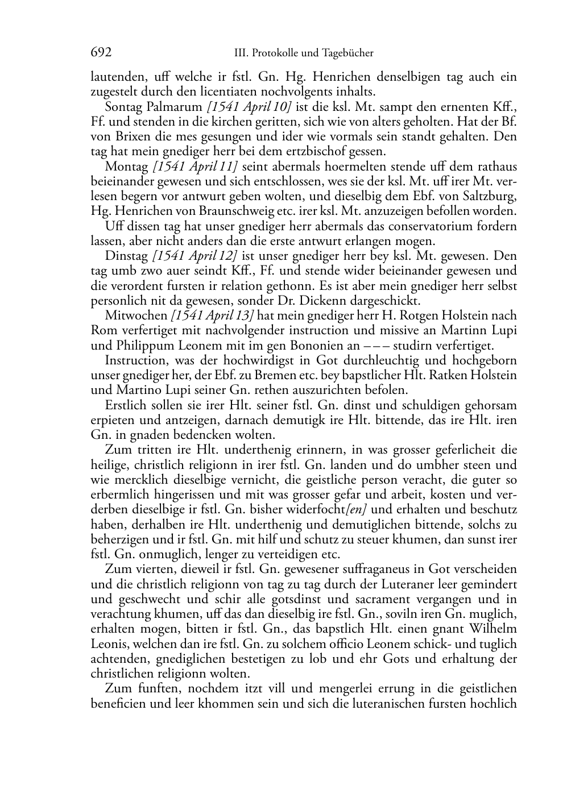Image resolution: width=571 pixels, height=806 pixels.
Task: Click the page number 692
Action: pyautogui.click(x=101, y=53)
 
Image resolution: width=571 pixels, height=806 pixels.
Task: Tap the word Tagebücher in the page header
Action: pyautogui.click(x=347, y=53)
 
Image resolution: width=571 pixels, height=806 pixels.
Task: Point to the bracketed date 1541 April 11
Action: pyautogui.click(x=195, y=167)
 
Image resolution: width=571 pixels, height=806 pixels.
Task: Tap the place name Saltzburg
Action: pyautogui.click(x=488, y=196)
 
